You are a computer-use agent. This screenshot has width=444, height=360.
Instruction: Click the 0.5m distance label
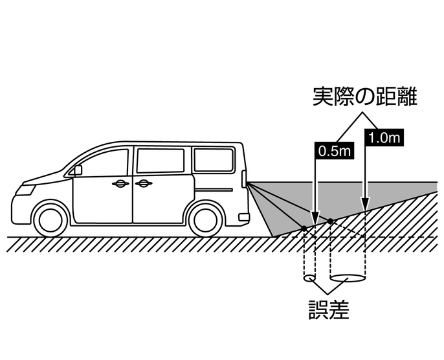tap(335, 151)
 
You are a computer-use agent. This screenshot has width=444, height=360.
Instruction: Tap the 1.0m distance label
tap(384, 137)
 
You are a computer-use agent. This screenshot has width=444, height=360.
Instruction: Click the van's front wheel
tap(50, 218)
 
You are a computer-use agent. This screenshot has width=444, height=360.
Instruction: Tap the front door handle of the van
tap(120, 184)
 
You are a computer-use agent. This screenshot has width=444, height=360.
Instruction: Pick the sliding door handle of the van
tap(144, 184)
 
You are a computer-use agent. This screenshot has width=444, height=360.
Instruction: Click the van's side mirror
tap(78, 170)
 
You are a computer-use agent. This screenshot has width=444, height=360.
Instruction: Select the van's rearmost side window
tap(214, 159)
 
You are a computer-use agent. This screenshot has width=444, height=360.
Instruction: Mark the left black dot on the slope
tap(303, 228)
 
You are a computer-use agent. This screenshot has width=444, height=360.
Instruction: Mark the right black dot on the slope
tap(331, 221)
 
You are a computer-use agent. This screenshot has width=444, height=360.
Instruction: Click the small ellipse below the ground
tap(309, 279)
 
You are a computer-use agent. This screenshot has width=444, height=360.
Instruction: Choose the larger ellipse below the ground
tap(349, 279)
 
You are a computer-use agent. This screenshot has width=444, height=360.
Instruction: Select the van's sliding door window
tap(161, 161)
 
